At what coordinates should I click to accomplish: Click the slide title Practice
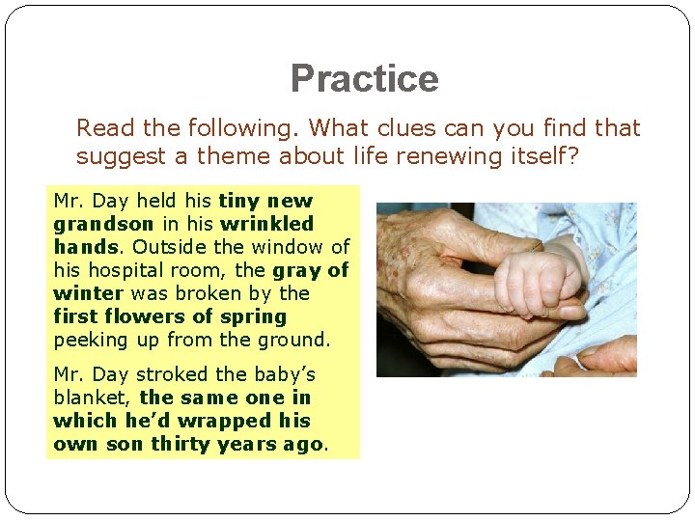tap(364, 78)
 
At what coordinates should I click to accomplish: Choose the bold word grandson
tap(96, 224)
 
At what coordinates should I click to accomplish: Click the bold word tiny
tap(239, 201)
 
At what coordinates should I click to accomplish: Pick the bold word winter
tap(88, 293)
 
